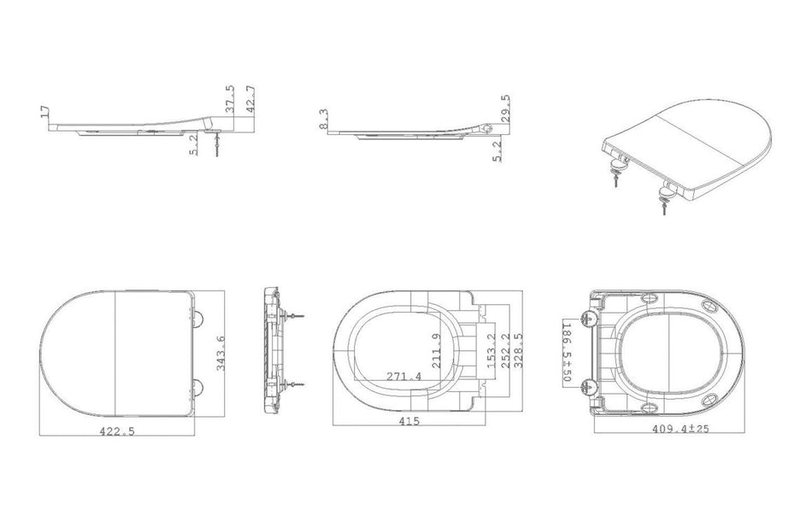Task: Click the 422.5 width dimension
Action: click(116, 430)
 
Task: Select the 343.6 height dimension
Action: click(221, 353)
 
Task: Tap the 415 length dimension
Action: click(409, 421)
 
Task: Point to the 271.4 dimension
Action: click(404, 376)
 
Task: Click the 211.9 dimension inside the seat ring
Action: click(437, 350)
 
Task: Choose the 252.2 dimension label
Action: click(505, 350)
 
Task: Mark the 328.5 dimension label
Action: click(518, 350)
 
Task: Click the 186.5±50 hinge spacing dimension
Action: click(566, 352)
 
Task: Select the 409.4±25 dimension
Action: click(680, 429)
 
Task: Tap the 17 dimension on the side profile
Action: click(45, 112)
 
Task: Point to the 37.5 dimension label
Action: click(230, 99)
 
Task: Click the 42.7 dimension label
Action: click(250, 99)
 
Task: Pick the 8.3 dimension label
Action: click(323, 119)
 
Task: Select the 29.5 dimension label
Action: click(505, 108)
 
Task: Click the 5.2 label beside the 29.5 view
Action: click(497, 151)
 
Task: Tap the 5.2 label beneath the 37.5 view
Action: click(193, 145)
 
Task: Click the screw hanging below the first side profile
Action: click(216, 145)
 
